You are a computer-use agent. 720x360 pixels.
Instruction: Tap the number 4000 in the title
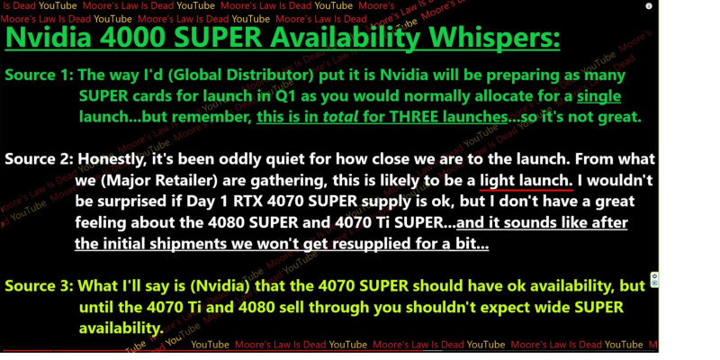(132, 37)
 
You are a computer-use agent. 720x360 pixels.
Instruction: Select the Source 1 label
(39, 76)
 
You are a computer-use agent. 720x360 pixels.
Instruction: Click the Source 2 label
(39, 159)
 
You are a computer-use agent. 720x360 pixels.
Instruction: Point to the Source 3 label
(39, 285)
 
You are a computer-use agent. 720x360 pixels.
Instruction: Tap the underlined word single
(598, 96)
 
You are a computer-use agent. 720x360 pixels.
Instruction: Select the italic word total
(340, 117)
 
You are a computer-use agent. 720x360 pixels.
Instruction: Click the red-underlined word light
(497, 181)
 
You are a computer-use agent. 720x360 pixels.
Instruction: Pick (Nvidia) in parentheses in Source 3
(220, 286)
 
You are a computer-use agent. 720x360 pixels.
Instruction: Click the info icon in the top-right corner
(649, 6)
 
